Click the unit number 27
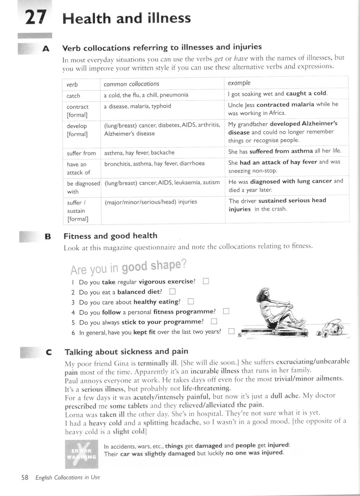(x=36, y=17)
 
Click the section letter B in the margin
(x=48, y=237)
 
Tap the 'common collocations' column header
(x=131, y=84)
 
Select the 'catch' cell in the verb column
(x=73, y=96)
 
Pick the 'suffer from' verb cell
(x=81, y=153)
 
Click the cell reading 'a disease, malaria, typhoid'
(x=138, y=106)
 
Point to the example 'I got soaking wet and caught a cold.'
(x=278, y=94)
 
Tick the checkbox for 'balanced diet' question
(x=172, y=291)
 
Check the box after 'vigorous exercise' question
(x=206, y=281)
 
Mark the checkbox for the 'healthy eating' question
(x=191, y=301)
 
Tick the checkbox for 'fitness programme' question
(x=226, y=311)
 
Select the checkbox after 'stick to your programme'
(x=214, y=321)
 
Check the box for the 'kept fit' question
(x=231, y=331)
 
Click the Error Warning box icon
(x=81, y=454)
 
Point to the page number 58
(x=25, y=478)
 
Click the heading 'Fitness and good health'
(x=111, y=236)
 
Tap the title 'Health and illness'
(x=127, y=18)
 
